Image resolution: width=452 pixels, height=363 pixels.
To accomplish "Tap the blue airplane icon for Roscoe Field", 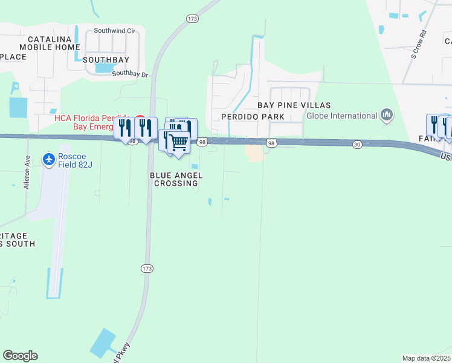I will coord(48,159).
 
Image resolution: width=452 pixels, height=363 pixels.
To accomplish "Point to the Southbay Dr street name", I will coord(130,74).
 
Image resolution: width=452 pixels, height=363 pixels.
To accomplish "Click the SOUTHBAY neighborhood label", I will coord(106,60).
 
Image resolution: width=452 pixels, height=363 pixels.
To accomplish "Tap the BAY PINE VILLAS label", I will coord(294,105).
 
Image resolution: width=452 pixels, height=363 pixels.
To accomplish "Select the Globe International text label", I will coord(341,116).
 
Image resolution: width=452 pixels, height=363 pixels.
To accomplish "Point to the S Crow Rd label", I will coord(419,43).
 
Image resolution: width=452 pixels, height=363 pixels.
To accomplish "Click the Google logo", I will coord(20,356).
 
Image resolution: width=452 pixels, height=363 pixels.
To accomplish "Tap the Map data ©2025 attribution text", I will coord(426,358).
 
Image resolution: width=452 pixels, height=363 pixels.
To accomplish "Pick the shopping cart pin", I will coord(178,143).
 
